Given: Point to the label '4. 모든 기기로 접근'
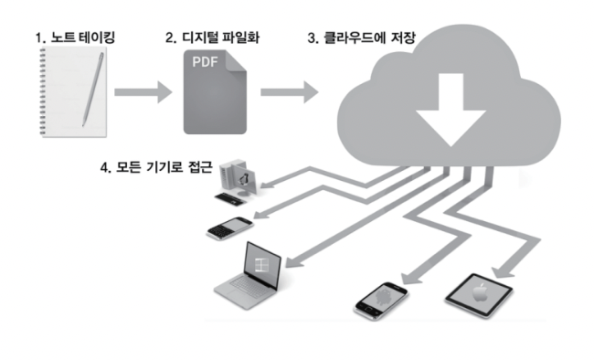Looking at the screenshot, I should coord(155,168).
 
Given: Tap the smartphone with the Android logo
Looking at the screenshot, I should coord(380,298).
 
